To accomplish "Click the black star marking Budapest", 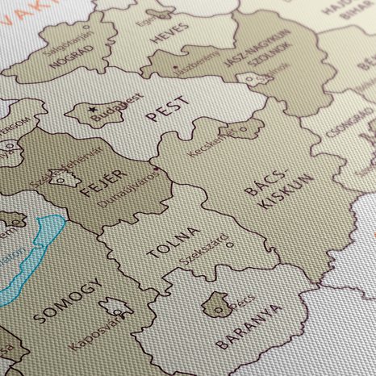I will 94,109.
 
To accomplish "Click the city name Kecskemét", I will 211,143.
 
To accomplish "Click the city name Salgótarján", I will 65,35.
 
